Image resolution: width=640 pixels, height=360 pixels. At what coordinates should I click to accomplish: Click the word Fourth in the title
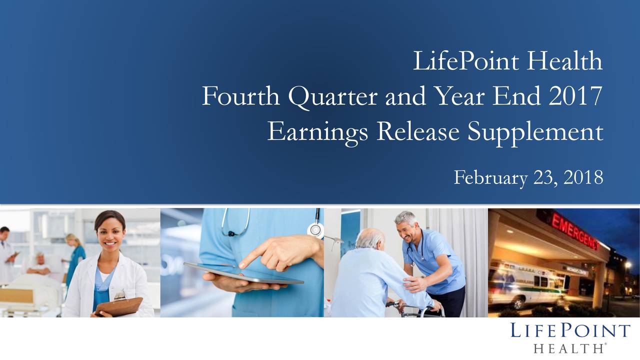(x=240, y=96)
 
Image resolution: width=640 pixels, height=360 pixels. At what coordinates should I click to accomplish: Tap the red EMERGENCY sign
(x=574, y=229)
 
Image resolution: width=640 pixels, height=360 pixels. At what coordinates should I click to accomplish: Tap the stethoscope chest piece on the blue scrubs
(x=315, y=229)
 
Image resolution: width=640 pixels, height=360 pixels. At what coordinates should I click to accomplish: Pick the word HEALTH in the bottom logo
(x=568, y=348)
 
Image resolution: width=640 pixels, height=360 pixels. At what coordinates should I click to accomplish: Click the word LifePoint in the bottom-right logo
(x=570, y=331)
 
